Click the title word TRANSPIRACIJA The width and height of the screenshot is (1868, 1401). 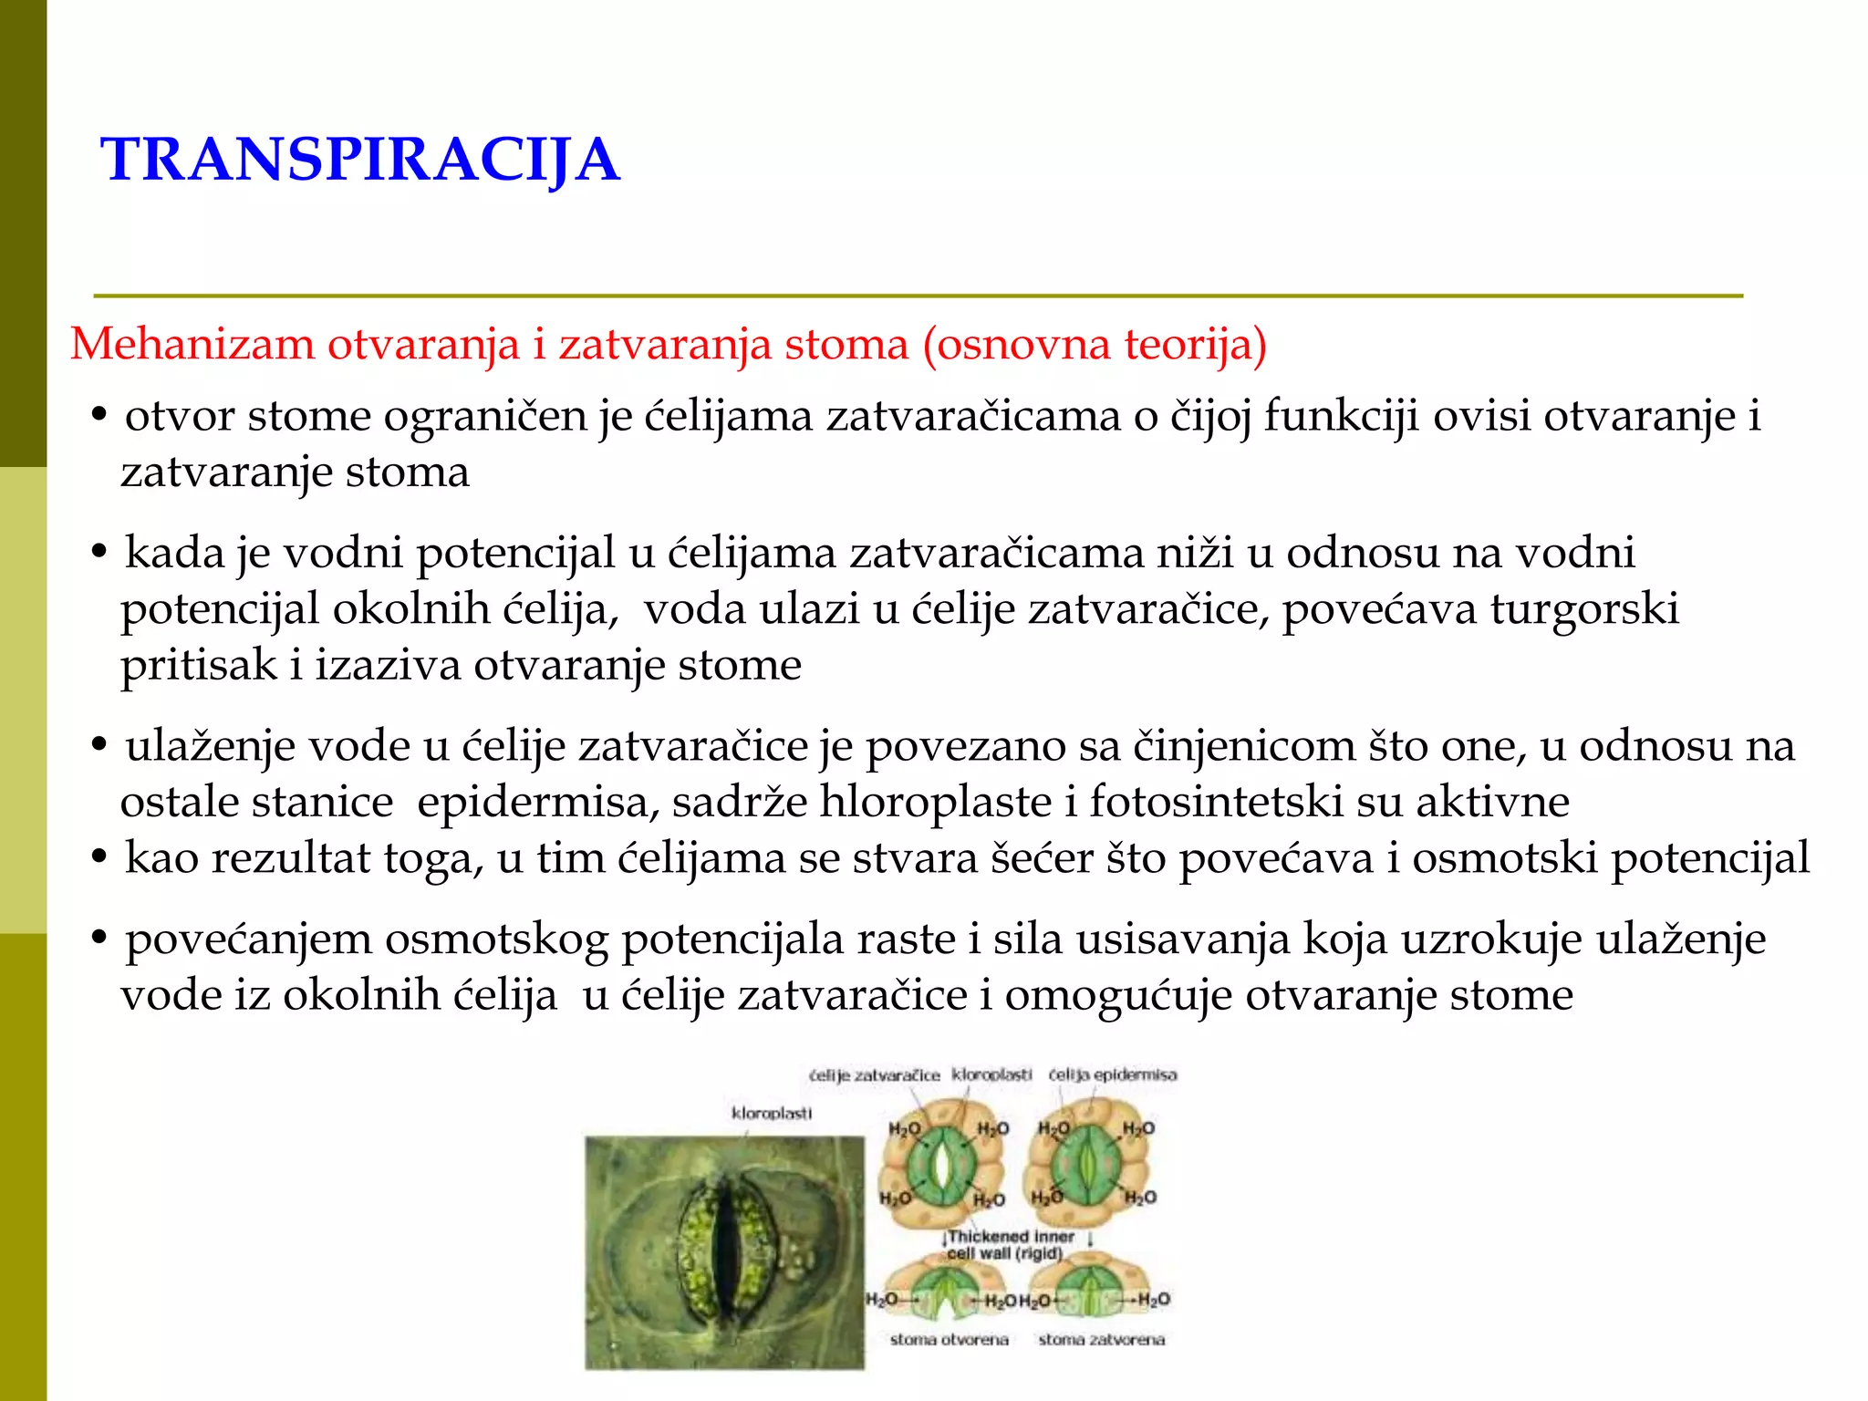pos(360,160)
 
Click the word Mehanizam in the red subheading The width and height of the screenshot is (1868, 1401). pos(192,345)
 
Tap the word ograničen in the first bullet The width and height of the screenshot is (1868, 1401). pos(484,417)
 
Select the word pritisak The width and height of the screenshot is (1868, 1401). pos(198,665)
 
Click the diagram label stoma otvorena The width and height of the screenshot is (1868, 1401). pos(949,1340)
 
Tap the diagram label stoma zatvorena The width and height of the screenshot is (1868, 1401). pos(1101,1340)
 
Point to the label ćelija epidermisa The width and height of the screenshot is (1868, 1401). pos(1112,1075)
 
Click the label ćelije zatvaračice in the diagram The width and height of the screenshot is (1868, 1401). pos(874,1076)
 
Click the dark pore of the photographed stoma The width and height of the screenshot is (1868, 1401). pos(726,1250)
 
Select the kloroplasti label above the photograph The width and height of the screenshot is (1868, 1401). pos(771,1114)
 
